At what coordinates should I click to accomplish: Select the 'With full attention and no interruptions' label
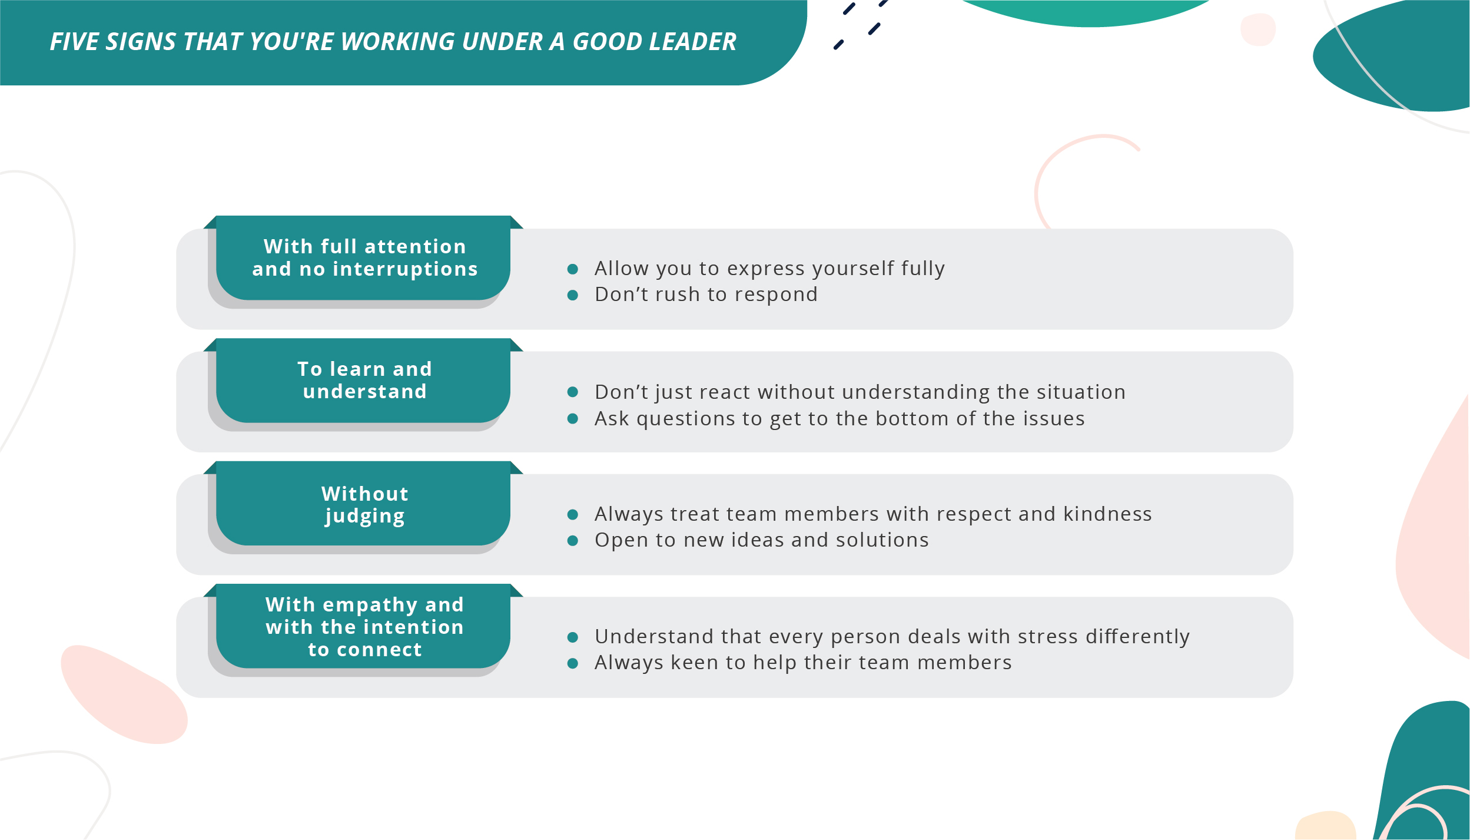tap(364, 258)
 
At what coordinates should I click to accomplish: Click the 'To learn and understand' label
tap(364, 381)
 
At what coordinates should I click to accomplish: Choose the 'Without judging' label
tap(364, 504)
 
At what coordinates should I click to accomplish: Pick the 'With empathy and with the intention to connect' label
tap(364, 627)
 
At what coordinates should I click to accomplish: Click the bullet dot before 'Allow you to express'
tap(572, 269)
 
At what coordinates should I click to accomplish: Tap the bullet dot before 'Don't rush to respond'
tap(572, 295)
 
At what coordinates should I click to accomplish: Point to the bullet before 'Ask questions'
tap(572, 419)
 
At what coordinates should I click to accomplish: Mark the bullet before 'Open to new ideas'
tap(572, 541)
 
